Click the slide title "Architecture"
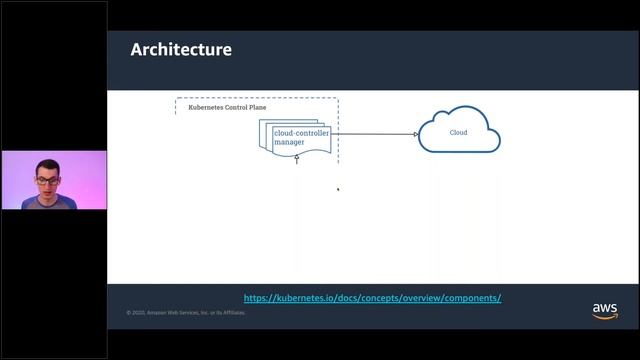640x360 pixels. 181,49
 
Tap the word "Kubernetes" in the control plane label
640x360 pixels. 207,106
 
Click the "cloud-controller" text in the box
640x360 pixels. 301,133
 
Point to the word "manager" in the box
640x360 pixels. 289,143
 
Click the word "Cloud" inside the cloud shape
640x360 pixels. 458,133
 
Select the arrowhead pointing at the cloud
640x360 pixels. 416,134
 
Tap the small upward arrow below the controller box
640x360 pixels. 297,160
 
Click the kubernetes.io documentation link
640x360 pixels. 372,298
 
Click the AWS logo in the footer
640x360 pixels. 604,309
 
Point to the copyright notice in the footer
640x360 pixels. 186,312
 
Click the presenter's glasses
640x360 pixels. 48,181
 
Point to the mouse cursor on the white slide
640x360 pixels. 337,188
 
